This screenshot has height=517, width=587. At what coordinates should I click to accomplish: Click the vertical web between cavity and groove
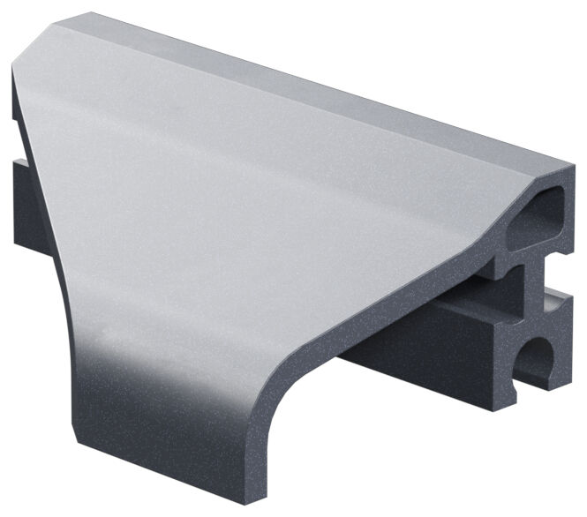pos(530,291)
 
